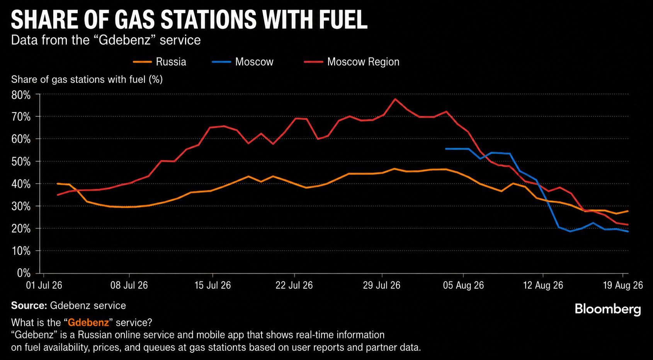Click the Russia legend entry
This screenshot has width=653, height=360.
tap(160, 62)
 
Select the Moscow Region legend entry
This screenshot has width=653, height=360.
tap(352, 62)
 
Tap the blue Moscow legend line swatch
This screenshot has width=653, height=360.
tap(221, 62)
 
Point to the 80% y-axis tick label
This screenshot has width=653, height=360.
tap(21, 95)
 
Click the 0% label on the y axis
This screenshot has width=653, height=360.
tap(24, 273)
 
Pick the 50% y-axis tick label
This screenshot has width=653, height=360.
tap(21, 162)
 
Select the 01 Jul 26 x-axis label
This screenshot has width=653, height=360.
tap(44, 285)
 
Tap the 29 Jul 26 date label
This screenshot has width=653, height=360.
tap(382, 285)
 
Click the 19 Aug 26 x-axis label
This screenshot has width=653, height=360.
tap(623, 285)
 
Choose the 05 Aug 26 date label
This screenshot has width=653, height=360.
tap(464, 285)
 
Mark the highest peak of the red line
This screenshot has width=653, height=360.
tap(395, 99)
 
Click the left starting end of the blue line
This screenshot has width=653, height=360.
tap(446, 149)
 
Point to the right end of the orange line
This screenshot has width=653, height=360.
tap(628, 211)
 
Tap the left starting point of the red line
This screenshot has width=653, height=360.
tap(58, 195)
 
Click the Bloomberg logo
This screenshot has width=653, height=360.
tap(608, 309)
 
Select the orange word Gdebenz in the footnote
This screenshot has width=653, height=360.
tap(88, 322)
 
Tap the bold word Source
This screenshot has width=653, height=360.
tap(29, 305)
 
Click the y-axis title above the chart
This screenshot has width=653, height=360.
tap(87, 79)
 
